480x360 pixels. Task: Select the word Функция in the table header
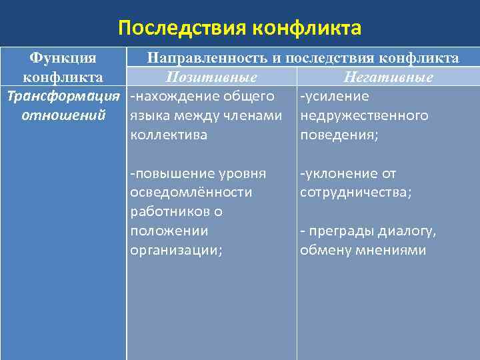coord(64,59)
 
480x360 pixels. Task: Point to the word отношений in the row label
coord(64,115)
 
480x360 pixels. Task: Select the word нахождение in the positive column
coord(174,97)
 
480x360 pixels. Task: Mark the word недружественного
coord(365,116)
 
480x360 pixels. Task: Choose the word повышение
coord(171,174)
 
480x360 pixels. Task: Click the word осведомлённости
coord(191,193)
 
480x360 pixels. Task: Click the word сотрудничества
coord(355,193)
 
